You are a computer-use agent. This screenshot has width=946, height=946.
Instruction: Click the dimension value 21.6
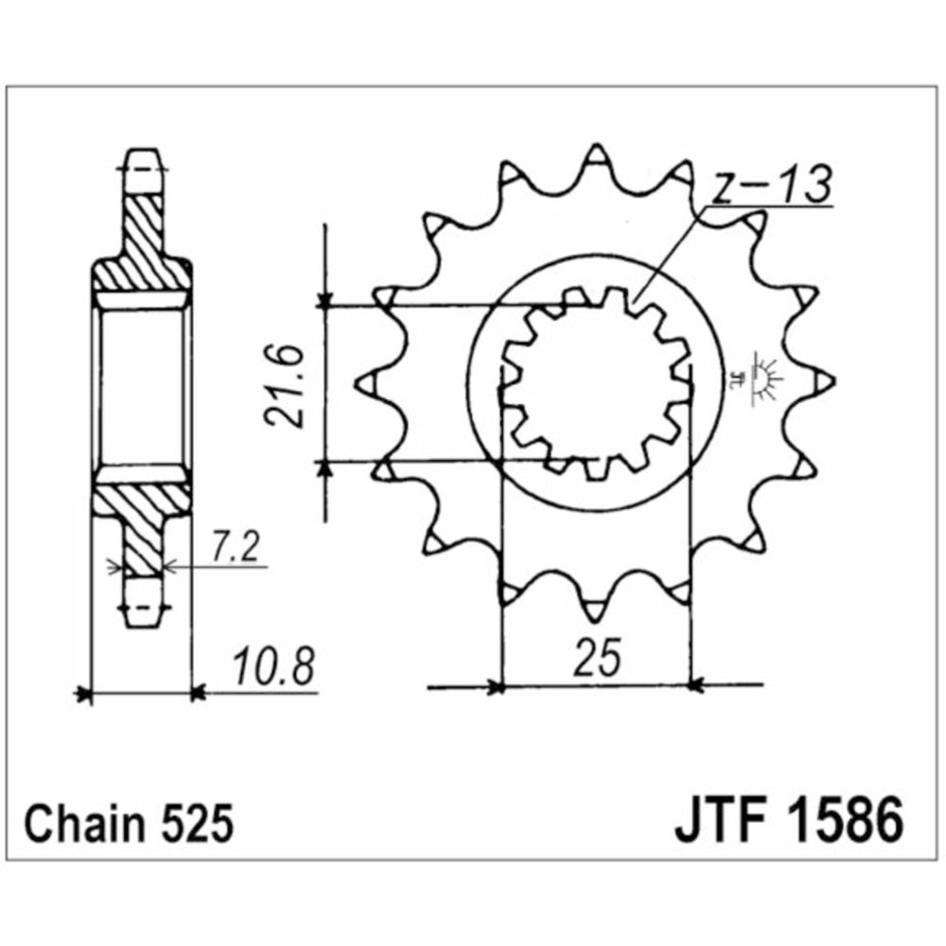point(284,386)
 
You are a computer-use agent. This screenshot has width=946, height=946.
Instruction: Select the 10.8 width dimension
point(274,667)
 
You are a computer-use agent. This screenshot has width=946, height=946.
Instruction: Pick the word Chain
point(85,824)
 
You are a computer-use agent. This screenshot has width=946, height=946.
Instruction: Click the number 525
point(197,824)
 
